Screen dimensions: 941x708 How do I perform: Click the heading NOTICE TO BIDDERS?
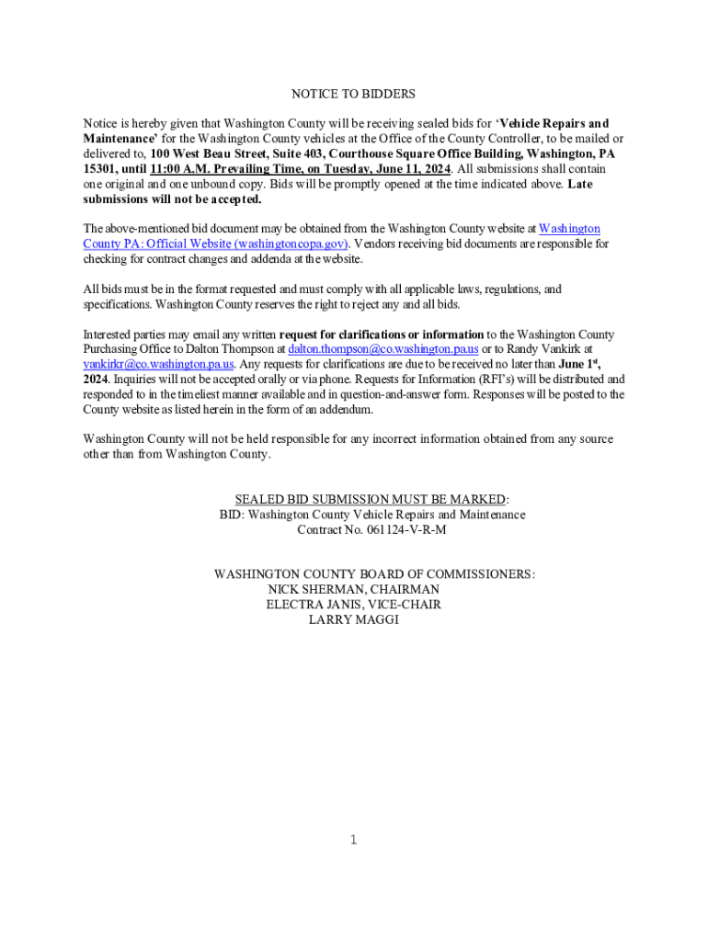pos(353,94)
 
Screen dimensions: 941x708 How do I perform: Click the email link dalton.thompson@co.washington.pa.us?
pos(383,349)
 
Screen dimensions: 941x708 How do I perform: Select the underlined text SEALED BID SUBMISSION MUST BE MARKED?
pos(371,499)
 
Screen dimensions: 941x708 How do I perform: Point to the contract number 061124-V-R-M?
pos(400,530)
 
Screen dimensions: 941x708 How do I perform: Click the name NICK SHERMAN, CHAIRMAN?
pos(353,589)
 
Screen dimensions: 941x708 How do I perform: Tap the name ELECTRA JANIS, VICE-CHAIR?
pos(353,605)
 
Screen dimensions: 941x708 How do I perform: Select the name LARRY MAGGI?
pos(353,620)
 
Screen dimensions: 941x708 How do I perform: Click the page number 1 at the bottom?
pos(354,839)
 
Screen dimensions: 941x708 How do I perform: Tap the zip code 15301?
pos(99,169)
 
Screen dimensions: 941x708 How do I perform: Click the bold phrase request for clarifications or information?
pos(381,334)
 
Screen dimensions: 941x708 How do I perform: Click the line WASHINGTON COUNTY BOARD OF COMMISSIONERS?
pos(374,573)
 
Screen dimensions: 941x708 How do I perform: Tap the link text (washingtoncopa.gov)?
pos(291,244)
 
